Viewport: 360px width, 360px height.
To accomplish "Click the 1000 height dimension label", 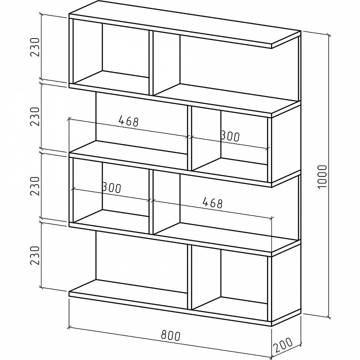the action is pos(322,176).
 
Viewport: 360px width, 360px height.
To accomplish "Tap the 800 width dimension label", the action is pos(170,335).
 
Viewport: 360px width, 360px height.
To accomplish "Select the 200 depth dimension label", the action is pos(283,344).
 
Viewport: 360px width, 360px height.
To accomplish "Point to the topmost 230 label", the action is pos(35,47).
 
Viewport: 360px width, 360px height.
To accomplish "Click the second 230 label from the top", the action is pos(35,116).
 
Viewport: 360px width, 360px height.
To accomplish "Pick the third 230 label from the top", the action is pos(35,186).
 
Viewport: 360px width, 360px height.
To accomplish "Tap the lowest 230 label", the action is pos(35,255).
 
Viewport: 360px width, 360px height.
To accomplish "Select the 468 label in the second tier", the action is pos(128,121).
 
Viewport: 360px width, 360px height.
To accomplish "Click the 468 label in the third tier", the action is pos(212,202).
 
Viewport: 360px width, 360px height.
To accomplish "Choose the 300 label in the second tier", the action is pos(230,136).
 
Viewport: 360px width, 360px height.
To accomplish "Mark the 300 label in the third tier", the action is pos(111,187).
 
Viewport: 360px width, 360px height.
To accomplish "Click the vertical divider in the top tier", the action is pos(151,63).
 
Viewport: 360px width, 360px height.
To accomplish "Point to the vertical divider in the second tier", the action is pos(189,138).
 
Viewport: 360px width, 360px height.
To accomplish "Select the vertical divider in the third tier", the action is pos(151,202).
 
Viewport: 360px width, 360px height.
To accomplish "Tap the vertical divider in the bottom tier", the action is pos(189,277).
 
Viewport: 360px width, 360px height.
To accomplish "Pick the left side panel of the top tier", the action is pos(71,51).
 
